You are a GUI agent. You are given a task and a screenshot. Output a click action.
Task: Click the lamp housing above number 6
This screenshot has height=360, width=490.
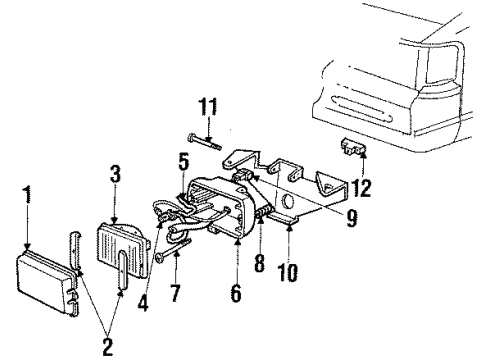(x=228, y=210)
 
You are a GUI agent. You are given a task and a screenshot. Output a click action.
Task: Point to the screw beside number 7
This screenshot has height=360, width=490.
(x=163, y=257)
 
